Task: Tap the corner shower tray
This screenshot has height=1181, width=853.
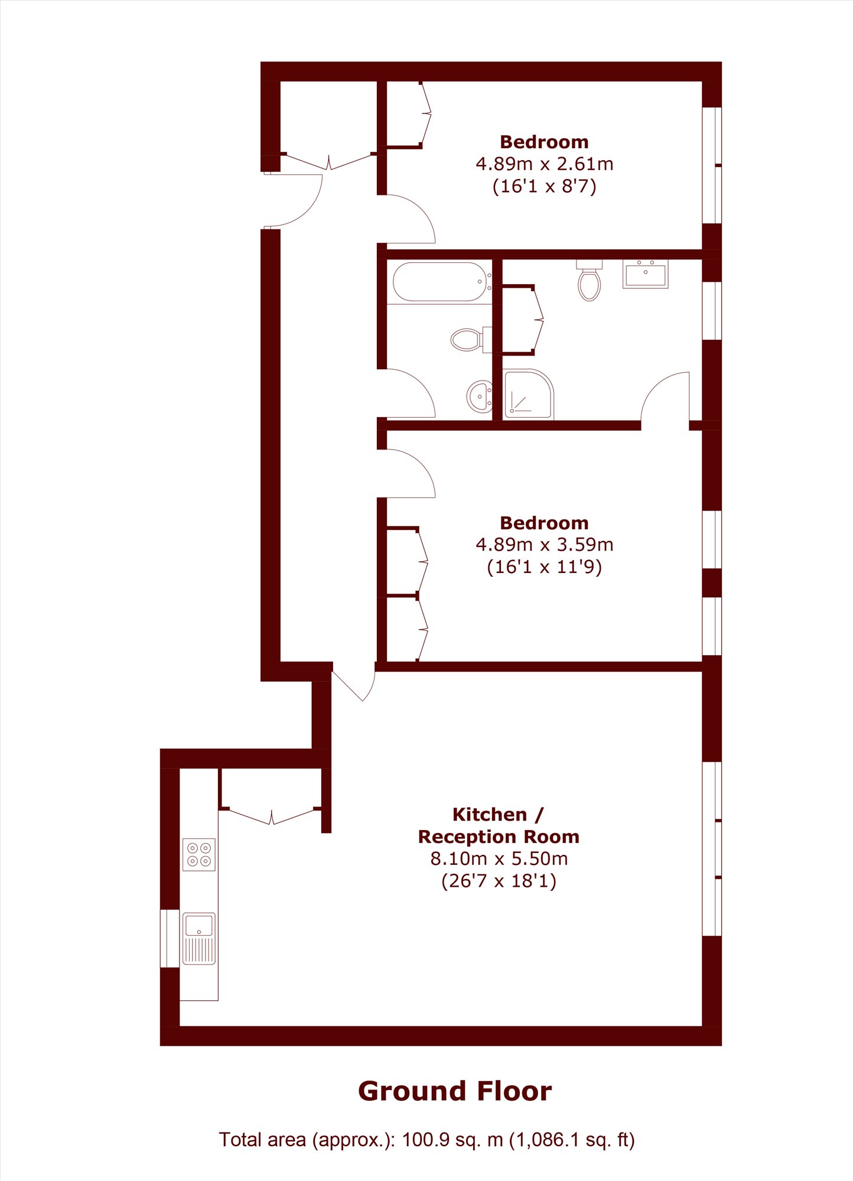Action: point(528,394)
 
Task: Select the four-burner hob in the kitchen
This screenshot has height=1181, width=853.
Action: point(199,854)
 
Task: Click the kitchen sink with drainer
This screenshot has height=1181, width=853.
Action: point(199,939)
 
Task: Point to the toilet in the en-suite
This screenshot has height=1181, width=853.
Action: point(590,280)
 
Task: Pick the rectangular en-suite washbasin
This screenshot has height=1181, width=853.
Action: point(646,274)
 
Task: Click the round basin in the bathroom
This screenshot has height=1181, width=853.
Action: point(480,396)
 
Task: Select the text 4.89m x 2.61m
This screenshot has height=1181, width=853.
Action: point(545,164)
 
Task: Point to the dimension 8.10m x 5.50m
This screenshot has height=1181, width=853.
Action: point(499,858)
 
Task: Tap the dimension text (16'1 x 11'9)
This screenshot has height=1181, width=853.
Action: point(545,567)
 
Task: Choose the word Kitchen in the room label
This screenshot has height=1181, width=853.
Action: point(490,815)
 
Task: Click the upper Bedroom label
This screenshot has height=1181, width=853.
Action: point(545,142)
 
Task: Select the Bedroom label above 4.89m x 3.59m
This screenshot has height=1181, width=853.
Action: point(545,523)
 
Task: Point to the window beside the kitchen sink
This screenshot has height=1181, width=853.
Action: point(170,938)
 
